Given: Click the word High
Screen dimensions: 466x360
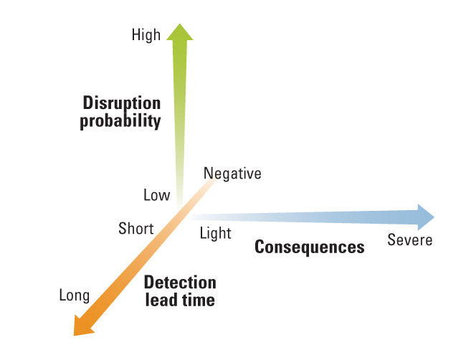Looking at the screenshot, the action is tap(146, 35).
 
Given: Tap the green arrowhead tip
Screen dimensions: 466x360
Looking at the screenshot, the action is tap(179, 24).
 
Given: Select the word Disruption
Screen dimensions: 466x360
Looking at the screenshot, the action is tap(122, 103).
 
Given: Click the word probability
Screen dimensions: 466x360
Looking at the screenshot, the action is tap(120, 120).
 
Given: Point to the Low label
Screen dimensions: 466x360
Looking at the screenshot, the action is tap(156, 195).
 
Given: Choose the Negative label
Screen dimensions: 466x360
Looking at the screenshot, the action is tap(232, 174).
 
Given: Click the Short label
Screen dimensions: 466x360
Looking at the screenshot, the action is tap(136, 229).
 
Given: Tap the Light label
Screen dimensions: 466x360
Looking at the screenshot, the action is tap(216, 233).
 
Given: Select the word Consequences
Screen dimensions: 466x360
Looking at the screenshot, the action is tap(310, 247).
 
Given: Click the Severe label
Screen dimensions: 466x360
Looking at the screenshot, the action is tap(410, 240).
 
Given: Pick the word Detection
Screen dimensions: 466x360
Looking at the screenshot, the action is tap(180, 283).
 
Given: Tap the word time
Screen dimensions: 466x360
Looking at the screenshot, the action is tap(199, 300).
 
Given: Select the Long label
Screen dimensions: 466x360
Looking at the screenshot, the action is tap(75, 295).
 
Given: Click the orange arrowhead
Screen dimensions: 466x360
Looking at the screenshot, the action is tap(82, 326).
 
